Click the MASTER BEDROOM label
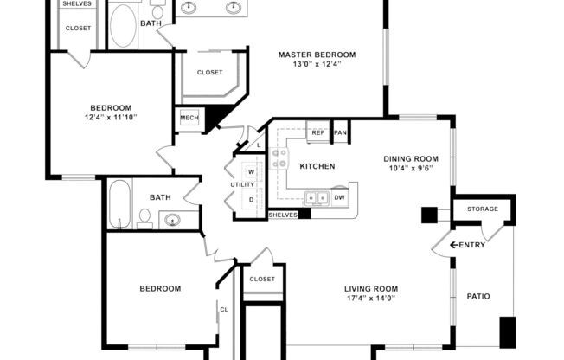[317, 55]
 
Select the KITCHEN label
[317, 166]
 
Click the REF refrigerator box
[317, 132]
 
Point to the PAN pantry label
[341, 132]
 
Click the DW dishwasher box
[340, 197]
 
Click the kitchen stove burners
[279, 158]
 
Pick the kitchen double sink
[317, 198]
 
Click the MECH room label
[188, 118]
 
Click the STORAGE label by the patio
[482, 209]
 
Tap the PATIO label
[477, 297]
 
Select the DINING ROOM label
[411, 158]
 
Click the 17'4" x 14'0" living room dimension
[371, 299]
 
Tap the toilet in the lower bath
[145, 220]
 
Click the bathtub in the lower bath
[120, 203]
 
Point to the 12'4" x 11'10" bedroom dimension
[111, 117]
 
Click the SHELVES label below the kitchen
[282, 215]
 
